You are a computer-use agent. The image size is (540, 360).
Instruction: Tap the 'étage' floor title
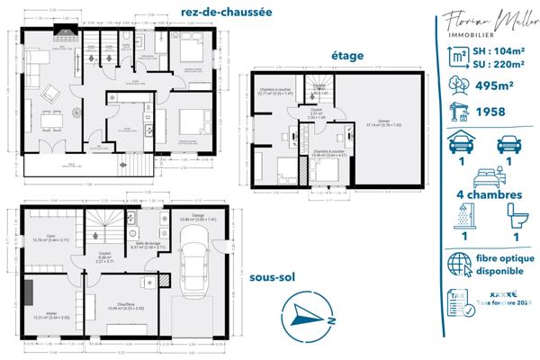click(x=346, y=56)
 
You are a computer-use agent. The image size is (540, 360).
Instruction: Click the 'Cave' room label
click(x=50, y=237)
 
